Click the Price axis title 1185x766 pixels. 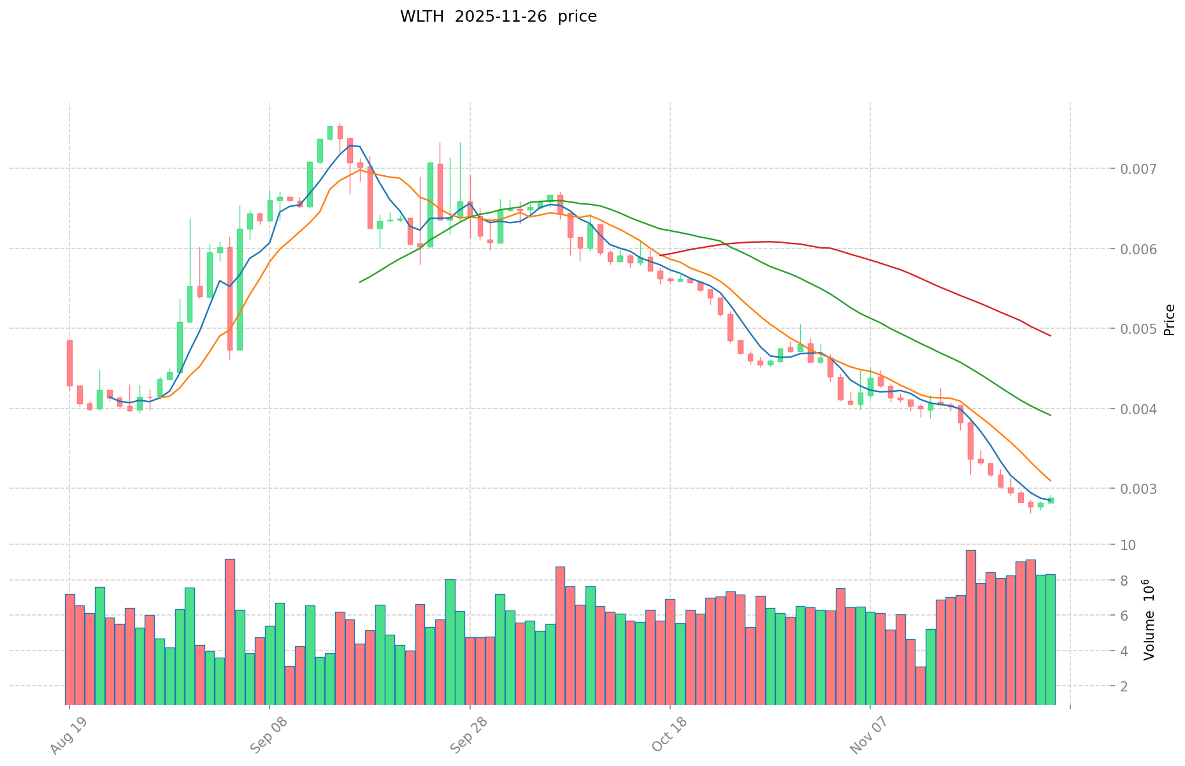coord(1169,320)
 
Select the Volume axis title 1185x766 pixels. coord(1149,620)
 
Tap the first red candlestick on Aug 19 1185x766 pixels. coord(69,363)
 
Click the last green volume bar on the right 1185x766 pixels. coord(1050,639)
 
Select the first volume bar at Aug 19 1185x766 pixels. coord(69,649)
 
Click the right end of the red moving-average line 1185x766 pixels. coord(1050,336)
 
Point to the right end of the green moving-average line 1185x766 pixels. coord(1050,416)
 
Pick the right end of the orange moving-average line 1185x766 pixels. coord(1050,481)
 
